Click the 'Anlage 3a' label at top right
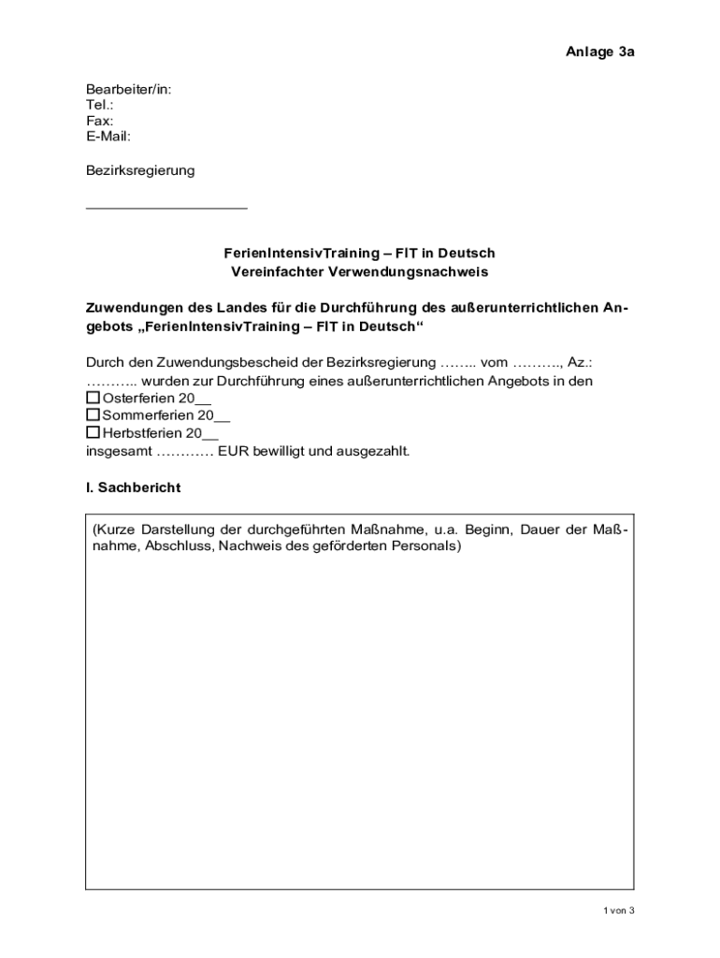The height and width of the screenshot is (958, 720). point(599,51)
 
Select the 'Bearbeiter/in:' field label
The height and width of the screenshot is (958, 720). point(128,90)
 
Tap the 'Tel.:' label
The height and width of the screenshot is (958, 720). point(100,106)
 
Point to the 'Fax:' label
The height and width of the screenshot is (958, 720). point(100,122)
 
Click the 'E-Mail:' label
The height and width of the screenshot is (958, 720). point(108,137)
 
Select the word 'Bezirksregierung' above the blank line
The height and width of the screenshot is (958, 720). point(140,170)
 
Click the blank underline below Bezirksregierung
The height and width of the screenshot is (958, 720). point(166,207)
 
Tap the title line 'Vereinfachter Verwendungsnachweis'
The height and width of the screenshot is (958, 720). point(360,271)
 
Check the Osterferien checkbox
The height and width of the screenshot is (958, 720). point(93,399)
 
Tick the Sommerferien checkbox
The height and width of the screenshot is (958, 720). point(93,415)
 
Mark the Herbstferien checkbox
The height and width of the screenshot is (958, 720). point(93,433)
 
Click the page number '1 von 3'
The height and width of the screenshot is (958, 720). point(619,910)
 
